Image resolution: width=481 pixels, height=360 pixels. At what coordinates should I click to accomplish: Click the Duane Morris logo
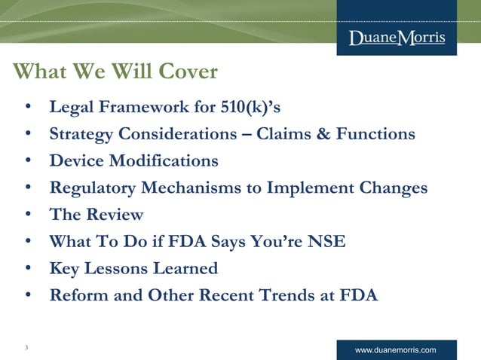397,38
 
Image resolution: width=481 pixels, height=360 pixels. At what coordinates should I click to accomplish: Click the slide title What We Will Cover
115,72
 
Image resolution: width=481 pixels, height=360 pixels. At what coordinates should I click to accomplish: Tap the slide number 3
26,347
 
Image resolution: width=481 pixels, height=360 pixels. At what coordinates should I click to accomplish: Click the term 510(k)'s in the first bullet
250,108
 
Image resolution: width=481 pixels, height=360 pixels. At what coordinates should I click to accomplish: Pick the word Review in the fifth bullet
114,215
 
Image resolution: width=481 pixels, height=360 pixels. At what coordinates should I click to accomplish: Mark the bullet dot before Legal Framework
27,108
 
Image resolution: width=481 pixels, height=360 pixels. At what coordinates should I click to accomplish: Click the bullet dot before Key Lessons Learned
27,268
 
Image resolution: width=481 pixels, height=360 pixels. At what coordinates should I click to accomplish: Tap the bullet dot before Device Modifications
27,160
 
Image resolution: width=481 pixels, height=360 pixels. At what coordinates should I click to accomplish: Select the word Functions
386,134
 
